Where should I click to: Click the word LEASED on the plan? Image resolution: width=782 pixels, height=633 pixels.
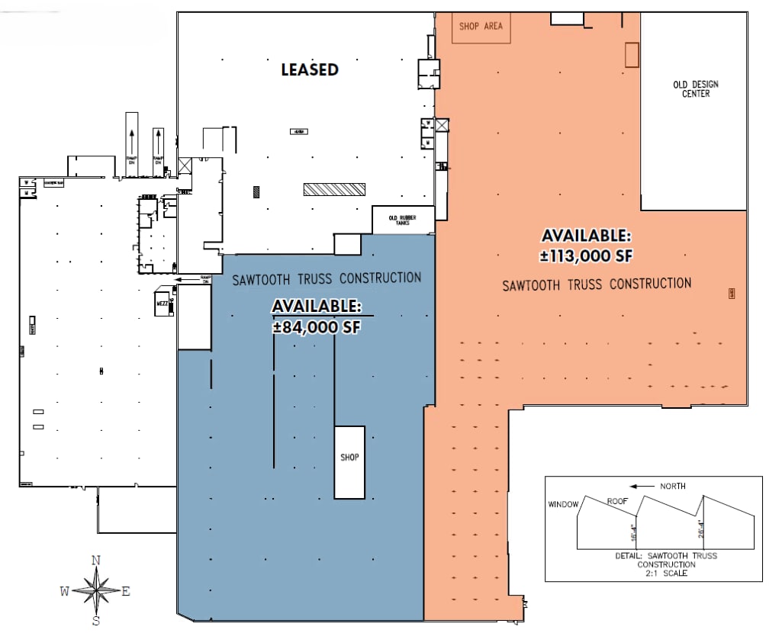click(309, 69)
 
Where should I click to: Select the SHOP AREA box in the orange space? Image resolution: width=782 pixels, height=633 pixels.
click(481, 27)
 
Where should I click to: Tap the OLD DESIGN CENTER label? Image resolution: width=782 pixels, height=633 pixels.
click(695, 88)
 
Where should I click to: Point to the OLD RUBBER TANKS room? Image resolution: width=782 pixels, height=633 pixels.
click(403, 220)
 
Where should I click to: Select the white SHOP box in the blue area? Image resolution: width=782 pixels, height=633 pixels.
click(349, 461)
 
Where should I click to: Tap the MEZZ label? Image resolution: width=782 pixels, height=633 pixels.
click(162, 303)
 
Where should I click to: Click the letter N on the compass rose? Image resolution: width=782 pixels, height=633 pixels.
click(96, 561)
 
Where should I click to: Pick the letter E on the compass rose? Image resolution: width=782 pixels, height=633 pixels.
click(126, 590)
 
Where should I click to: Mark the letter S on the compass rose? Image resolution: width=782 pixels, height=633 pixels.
click(96, 620)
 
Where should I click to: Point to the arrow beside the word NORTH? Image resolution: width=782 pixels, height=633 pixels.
click(642, 486)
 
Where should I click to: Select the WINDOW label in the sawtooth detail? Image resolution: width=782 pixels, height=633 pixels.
click(564, 504)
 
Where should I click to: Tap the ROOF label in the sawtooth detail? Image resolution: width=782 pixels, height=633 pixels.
click(618, 501)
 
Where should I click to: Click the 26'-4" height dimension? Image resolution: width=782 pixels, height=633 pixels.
click(700, 529)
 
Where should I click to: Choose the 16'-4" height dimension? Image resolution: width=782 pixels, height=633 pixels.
click(634, 532)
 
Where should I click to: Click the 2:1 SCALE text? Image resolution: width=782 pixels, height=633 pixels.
click(666, 573)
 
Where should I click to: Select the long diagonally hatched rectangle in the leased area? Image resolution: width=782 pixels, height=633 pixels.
click(333, 189)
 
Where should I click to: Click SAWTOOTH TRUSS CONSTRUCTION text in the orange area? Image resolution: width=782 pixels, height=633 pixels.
click(597, 284)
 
